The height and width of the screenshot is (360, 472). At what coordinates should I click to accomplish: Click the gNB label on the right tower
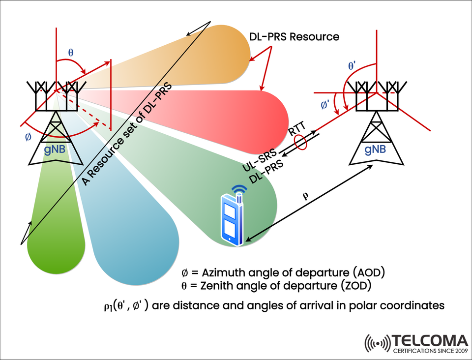pos(375,149)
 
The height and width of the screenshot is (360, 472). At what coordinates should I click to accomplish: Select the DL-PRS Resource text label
pos(294,36)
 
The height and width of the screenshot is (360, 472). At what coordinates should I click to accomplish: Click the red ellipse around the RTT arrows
pos(300,143)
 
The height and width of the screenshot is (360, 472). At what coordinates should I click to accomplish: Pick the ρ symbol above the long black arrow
pos(305,195)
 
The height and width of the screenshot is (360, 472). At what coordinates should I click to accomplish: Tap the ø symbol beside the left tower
pos(28,137)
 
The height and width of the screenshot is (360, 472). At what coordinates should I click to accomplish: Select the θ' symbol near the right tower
pos(353,65)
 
